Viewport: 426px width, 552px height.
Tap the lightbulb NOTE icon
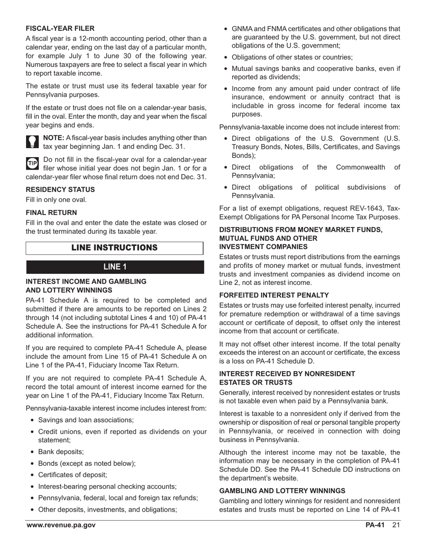(x=33, y=142)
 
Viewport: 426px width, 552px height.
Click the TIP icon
(x=33, y=164)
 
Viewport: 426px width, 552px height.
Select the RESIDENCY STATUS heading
(x=60, y=189)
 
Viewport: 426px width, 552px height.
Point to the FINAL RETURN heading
(x=51, y=212)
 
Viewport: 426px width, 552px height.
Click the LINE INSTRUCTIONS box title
(x=114, y=248)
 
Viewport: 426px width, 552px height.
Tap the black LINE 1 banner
(x=115, y=267)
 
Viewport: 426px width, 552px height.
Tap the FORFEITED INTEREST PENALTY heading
(x=274, y=295)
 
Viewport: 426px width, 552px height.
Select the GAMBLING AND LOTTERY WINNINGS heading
(x=282, y=491)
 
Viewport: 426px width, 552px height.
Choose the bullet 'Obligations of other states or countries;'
(x=292, y=57)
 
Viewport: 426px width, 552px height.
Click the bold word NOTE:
(x=53, y=138)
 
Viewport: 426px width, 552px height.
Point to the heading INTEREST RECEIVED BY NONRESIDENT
(x=287, y=373)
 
